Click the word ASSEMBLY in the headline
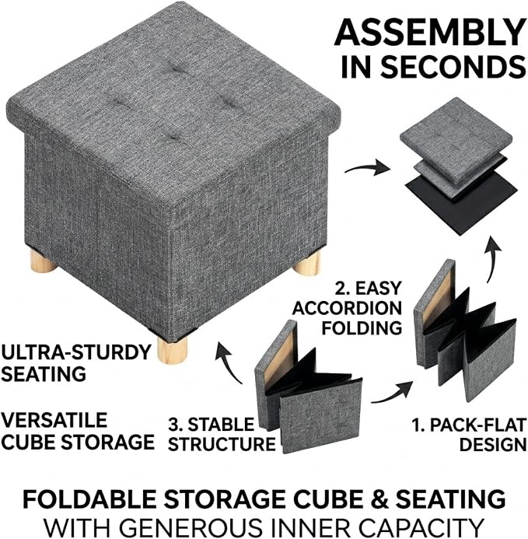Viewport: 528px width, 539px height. pos(430,32)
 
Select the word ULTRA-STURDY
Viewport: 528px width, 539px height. pos(76,352)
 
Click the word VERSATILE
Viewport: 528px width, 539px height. pos(54,420)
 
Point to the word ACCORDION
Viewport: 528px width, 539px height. pos(347,308)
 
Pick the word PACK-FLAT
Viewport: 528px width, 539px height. pos(477,425)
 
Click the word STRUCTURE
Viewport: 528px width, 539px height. pos(222,444)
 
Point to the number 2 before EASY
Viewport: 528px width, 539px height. pos(341,288)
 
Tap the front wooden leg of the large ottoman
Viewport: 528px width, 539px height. pos(169,352)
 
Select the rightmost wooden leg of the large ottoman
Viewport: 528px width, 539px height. pos(309,263)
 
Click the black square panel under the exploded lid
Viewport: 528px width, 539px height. pos(462,198)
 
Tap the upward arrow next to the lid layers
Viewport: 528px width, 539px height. pos(492,257)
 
